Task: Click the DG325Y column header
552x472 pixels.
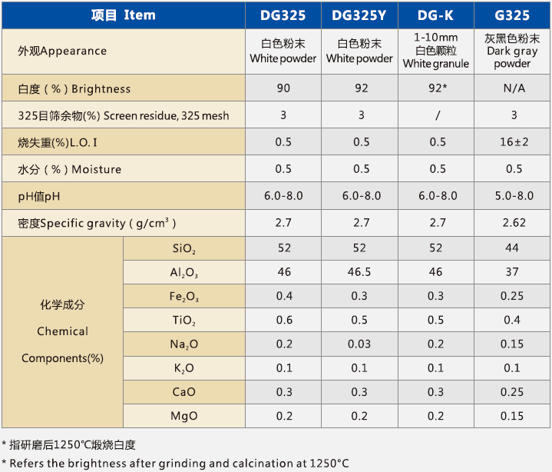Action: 360,15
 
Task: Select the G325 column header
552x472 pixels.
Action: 512,15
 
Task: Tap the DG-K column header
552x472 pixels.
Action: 436,15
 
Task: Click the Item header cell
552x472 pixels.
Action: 123,15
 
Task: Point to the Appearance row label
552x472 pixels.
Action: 62,52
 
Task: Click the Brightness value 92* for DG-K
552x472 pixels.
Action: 437,88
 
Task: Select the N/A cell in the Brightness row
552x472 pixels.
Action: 513,88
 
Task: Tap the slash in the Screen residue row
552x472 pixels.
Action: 437,115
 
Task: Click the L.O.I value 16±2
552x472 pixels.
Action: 513,142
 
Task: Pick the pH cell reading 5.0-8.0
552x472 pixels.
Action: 513,196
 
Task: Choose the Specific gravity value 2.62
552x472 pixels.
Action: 513,223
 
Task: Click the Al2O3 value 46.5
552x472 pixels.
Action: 360,272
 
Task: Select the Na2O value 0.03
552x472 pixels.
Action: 360,344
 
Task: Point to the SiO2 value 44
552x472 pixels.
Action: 513,248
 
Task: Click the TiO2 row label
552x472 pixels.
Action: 183,321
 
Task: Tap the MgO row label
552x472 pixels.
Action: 183,416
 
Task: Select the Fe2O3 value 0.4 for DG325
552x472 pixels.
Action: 284,296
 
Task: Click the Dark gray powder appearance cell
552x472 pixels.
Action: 512,52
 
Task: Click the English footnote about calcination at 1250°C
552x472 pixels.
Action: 175,462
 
